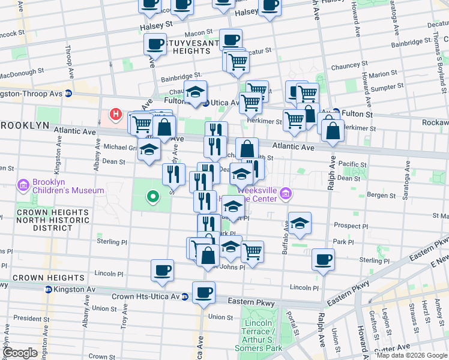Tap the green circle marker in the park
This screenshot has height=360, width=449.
pyautogui.click(x=153, y=196)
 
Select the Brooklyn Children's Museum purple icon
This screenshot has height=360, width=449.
pyautogui.click(x=24, y=184)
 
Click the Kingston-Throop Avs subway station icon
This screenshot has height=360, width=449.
pyautogui.click(x=68, y=94)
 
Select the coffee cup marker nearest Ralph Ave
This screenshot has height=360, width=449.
pyautogui.click(x=323, y=260)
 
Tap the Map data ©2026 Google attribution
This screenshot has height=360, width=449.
pyautogui.click(x=412, y=355)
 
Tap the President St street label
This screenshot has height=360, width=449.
pyautogui.click(x=26, y=318)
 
